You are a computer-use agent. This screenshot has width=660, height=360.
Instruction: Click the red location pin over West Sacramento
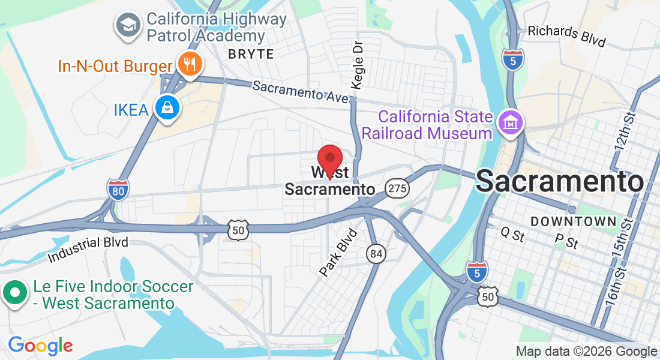(329, 159)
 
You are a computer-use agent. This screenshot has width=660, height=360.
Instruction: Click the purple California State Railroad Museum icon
(511, 124)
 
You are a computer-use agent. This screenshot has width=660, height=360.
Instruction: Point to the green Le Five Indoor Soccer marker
(15, 294)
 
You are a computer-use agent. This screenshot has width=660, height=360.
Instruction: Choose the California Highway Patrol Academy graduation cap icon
(128, 26)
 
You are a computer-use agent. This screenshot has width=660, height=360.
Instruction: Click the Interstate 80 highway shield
(118, 190)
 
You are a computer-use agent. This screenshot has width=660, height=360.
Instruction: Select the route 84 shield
(376, 254)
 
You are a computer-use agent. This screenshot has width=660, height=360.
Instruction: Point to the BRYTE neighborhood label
(251, 54)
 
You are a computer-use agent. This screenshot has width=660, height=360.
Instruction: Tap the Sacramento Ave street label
(300, 92)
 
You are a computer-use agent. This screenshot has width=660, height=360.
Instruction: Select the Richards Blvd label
(566, 36)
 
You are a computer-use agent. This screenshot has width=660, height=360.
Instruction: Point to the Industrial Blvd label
(89, 250)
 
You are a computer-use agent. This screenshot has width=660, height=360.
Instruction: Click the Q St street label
(512, 234)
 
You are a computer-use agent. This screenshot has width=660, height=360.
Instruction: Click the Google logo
(40, 346)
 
